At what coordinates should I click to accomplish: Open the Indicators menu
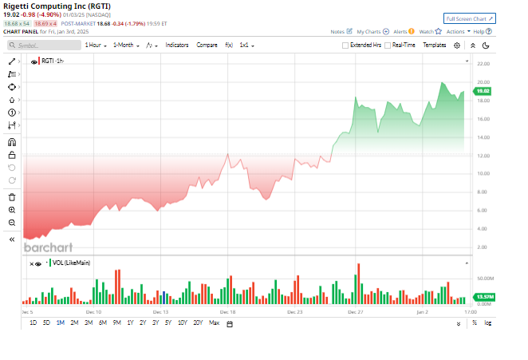[x=177, y=45]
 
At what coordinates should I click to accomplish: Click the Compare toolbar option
[x=207, y=45]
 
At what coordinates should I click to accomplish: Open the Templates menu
[x=434, y=45]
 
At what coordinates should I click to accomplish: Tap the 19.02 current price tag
[x=481, y=91]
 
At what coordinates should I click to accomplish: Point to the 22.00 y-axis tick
[x=483, y=63]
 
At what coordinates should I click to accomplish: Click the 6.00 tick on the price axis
[x=483, y=210]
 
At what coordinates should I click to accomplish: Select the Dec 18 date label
[x=227, y=311]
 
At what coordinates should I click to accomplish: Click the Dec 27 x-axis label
[x=357, y=311]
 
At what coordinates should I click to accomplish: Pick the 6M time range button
[x=102, y=322]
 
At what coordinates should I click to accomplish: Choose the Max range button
[x=214, y=322]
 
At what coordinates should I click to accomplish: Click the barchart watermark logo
[x=47, y=247]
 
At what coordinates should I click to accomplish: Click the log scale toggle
[x=487, y=322]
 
